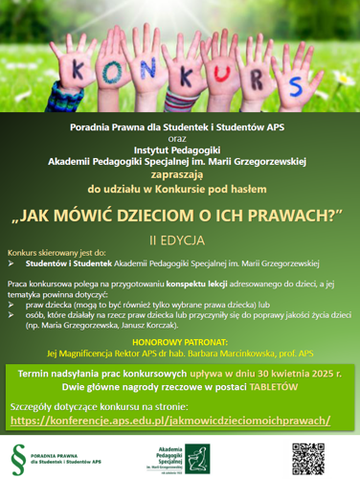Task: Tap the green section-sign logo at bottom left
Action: [x=18, y=451]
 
